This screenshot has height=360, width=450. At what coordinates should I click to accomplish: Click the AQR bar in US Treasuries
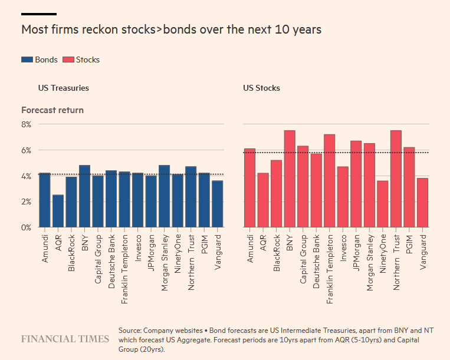click(58, 211)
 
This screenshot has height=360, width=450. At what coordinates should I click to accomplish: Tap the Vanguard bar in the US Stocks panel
click(422, 203)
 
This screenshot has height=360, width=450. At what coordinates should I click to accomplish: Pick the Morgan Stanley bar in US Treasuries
click(164, 196)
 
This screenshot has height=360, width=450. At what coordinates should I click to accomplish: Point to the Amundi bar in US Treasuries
click(45, 200)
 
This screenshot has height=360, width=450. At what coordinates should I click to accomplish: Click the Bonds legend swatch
click(27, 60)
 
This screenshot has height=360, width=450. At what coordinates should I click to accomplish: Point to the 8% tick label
click(26, 124)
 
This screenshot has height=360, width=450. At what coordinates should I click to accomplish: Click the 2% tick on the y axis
click(26, 202)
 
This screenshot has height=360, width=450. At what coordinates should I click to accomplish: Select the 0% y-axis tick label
click(26, 227)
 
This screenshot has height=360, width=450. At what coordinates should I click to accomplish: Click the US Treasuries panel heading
click(63, 88)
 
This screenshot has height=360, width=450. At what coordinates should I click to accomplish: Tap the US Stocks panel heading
click(261, 88)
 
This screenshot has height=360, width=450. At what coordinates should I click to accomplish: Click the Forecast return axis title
click(52, 110)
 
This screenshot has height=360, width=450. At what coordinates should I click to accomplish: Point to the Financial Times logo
click(65, 339)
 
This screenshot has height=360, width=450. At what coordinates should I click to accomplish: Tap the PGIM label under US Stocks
click(409, 243)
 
